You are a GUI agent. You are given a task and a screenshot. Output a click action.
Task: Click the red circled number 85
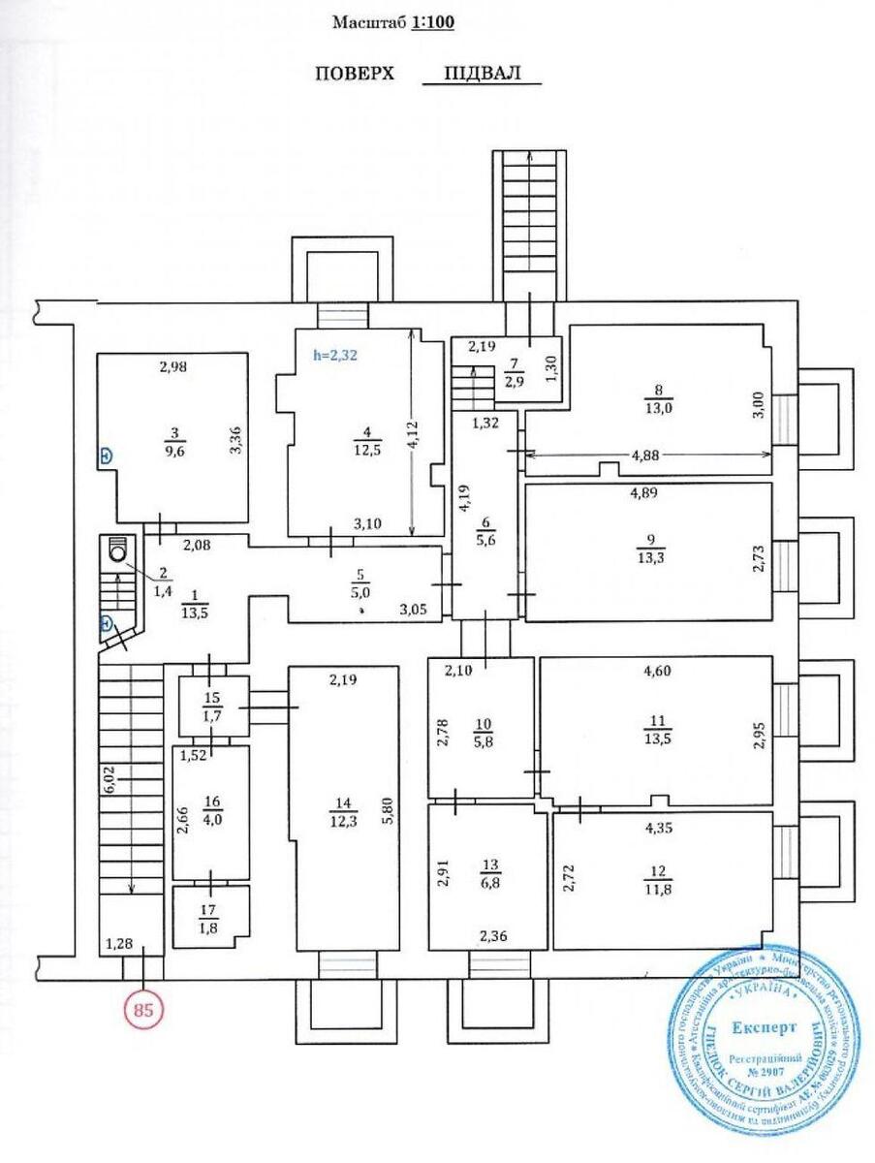point(143,1009)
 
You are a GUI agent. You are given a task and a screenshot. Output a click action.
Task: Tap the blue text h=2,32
point(335,356)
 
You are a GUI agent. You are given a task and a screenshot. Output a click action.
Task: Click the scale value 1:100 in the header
point(432,22)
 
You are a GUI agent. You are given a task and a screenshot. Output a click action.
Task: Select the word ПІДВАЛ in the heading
point(482,74)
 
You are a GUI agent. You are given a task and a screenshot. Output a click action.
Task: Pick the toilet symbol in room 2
point(119,550)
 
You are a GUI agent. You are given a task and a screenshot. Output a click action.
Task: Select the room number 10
point(482,724)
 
